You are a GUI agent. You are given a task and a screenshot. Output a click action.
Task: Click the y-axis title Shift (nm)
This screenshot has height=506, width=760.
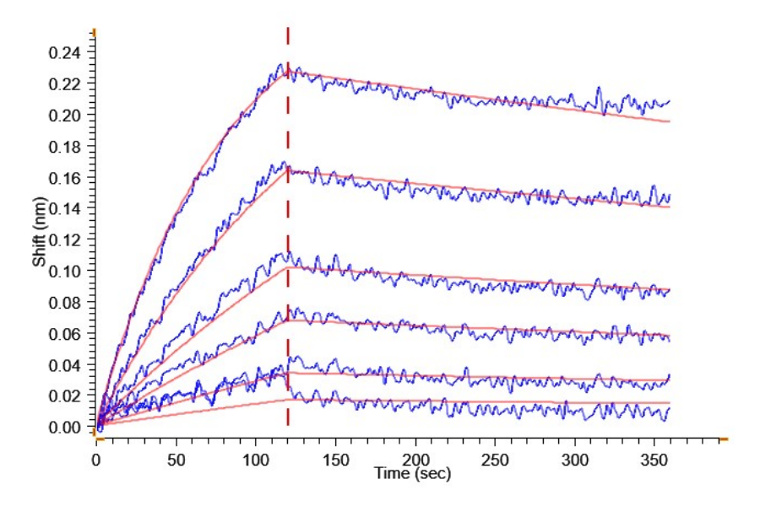click(x=39, y=239)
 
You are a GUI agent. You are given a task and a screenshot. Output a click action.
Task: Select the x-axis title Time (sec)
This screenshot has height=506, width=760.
click(x=412, y=474)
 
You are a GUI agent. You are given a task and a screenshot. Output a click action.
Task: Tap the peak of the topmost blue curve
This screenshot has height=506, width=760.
click(x=281, y=63)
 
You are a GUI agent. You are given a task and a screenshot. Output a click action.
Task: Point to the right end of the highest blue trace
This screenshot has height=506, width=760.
click(x=670, y=102)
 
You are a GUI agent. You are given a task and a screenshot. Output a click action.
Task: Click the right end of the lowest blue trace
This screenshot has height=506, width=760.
click(x=669, y=409)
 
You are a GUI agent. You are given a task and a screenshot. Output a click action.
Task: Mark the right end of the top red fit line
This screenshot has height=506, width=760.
click(x=670, y=122)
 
